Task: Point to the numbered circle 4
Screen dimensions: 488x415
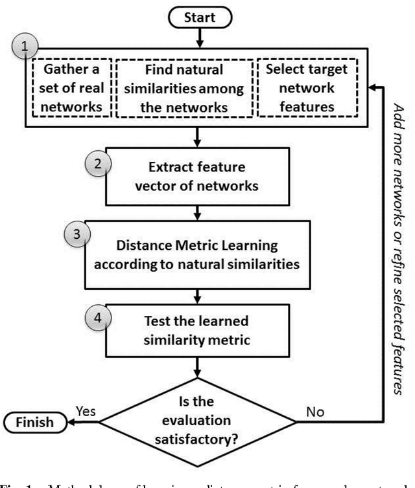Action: tap(97, 319)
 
